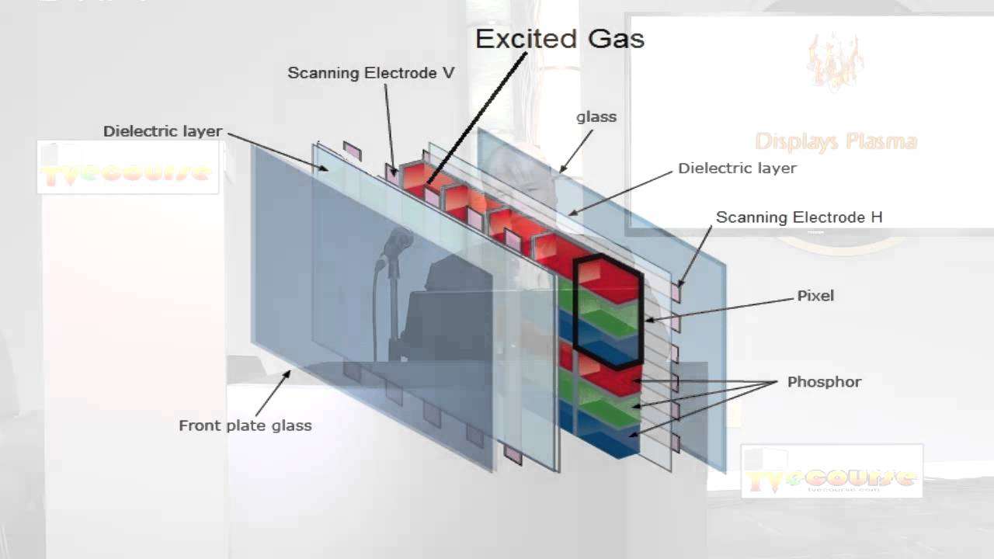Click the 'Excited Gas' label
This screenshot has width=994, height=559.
click(x=559, y=39)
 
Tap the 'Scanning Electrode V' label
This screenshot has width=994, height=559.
click(x=370, y=73)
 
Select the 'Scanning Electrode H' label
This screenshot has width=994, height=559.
click(x=798, y=217)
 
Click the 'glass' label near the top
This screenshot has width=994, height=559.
click(x=596, y=117)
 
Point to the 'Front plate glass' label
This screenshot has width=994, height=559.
click(x=245, y=425)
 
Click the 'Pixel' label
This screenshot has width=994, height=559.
click(x=815, y=296)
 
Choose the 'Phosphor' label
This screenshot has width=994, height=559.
click(x=824, y=382)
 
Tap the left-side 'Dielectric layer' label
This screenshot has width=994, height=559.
click(x=162, y=131)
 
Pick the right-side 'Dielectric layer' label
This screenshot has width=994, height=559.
click(x=737, y=168)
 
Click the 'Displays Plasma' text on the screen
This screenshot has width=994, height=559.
click(x=836, y=141)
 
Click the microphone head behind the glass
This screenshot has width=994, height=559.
click(x=397, y=241)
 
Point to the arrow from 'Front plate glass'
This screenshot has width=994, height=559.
click(x=272, y=394)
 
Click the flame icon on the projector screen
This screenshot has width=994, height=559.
click(x=835, y=62)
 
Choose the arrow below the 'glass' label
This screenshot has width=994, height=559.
click(x=576, y=151)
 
